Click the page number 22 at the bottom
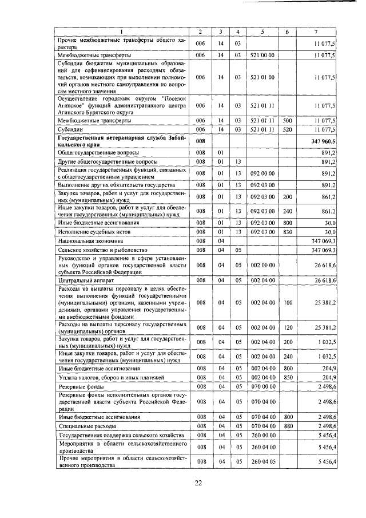(x=198, y=483)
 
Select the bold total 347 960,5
(x=324, y=140)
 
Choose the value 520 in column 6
(x=287, y=131)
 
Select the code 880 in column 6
(x=287, y=426)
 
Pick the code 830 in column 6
(x=287, y=232)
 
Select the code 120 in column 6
(x=287, y=326)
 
